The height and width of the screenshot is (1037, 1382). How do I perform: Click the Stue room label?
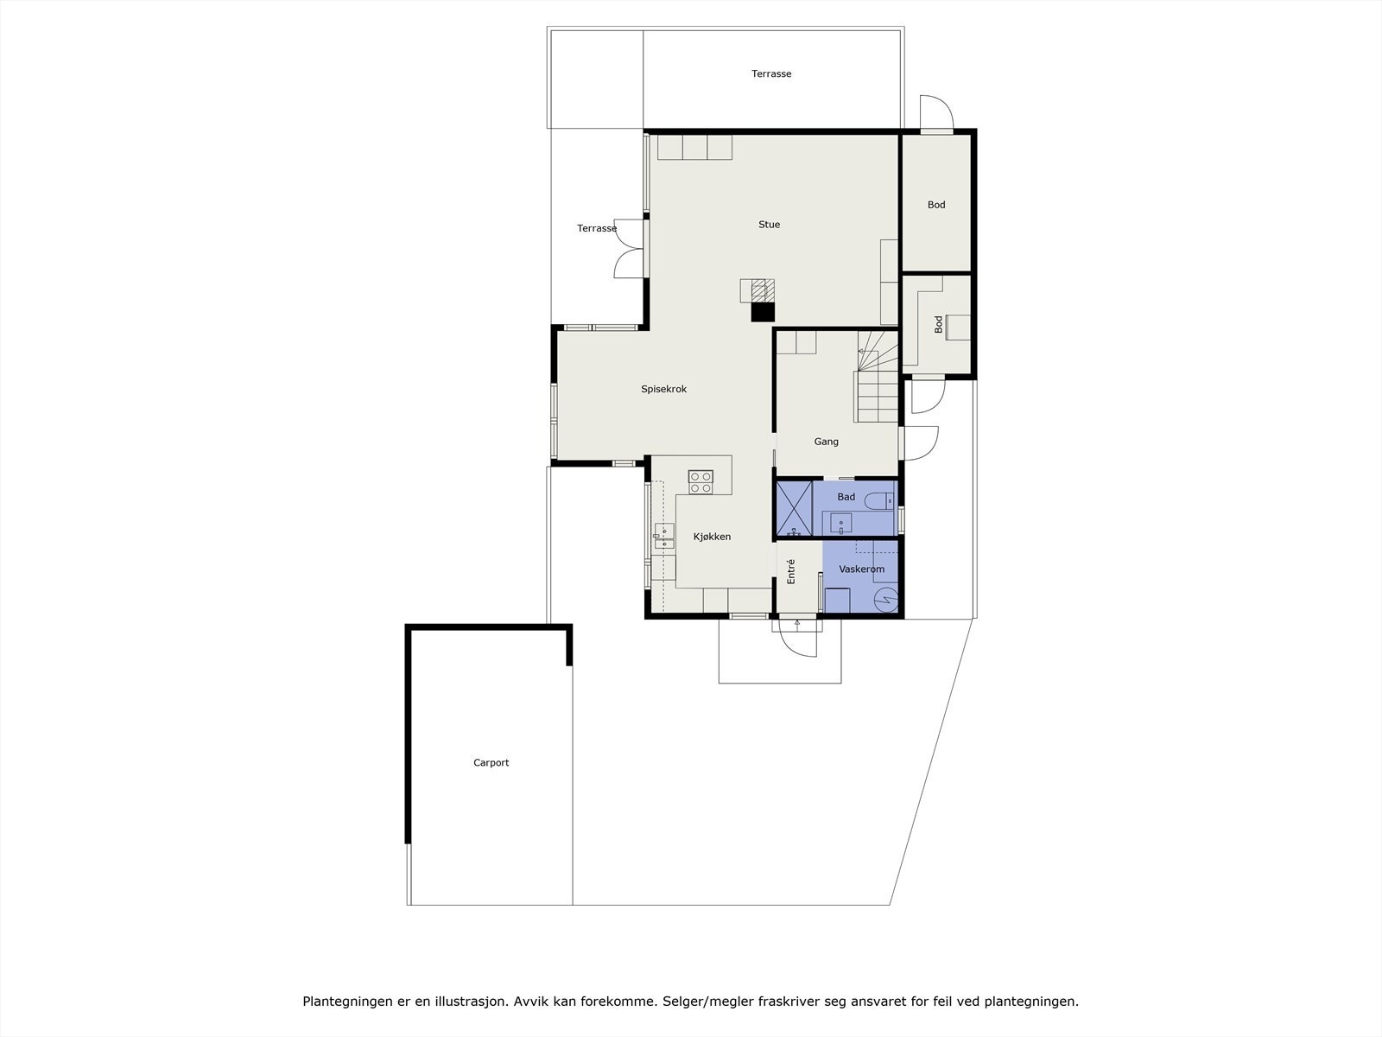point(769,225)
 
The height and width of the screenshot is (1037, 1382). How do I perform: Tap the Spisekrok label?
point(663,389)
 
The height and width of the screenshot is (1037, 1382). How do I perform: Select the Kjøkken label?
point(712,537)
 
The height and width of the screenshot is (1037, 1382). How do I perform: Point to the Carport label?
point(491,762)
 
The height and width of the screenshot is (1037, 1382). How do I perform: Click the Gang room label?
point(826,442)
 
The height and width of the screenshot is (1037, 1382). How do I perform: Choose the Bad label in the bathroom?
point(846,497)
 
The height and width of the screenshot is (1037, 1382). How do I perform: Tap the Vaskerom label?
point(861,569)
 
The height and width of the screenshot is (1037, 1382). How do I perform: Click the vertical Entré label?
point(791,572)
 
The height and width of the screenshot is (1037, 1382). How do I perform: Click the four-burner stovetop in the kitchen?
point(701,481)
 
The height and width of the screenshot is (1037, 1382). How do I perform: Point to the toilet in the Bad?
point(879,501)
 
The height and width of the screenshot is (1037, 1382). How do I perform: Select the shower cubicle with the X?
point(795,509)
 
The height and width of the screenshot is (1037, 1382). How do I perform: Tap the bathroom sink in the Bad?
point(840,523)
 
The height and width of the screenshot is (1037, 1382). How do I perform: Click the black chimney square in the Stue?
point(763,312)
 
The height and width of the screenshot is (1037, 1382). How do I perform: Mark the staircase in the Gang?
point(877,377)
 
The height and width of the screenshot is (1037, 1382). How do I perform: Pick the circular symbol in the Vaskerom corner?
point(885,600)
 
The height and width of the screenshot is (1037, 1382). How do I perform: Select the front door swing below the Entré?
point(798,639)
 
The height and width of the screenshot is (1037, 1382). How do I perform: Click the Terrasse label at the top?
point(771,73)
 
